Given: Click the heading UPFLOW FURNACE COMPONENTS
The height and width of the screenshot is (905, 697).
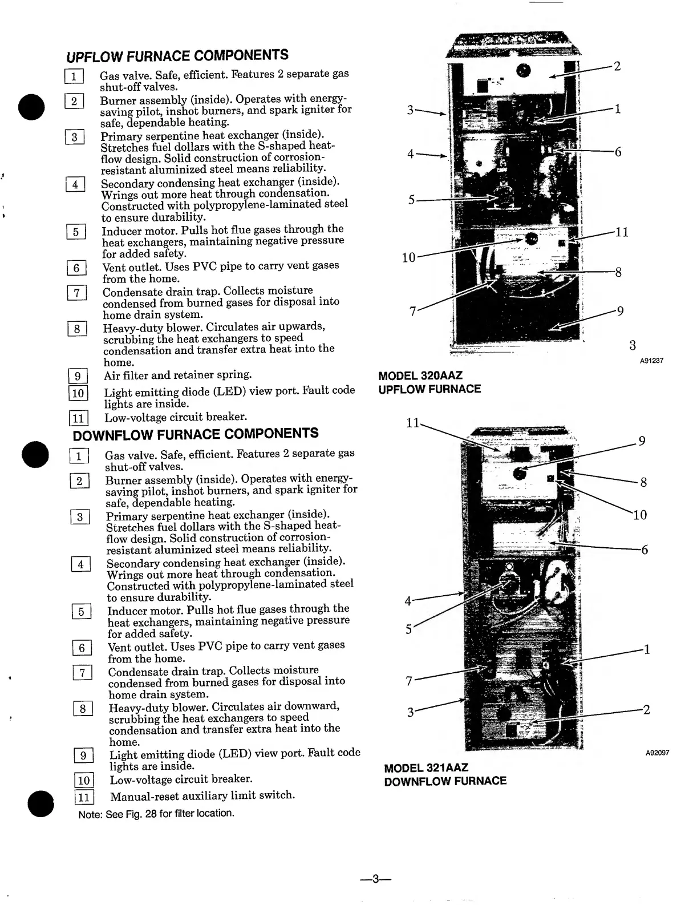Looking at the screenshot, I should pyautogui.click(x=177, y=56).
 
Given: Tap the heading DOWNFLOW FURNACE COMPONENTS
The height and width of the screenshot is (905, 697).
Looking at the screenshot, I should pyautogui.click(x=196, y=434).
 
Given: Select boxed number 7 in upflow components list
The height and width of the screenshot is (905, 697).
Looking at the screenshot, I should pyautogui.click(x=76, y=293).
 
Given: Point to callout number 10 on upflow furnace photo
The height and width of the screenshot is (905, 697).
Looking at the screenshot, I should pyautogui.click(x=408, y=257).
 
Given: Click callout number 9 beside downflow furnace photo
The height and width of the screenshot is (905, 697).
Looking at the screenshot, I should pyautogui.click(x=642, y=441).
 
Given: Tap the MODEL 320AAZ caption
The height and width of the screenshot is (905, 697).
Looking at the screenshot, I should pyautogui.click(x=420, y=376).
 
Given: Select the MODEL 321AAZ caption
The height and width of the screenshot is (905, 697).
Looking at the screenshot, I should pyautogui.click(x=426, y=768).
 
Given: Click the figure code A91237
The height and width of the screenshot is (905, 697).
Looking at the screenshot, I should pyautogui.click(x=651, y=361).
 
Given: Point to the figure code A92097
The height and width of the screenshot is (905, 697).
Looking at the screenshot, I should pyautogui.click(x=657, y=753).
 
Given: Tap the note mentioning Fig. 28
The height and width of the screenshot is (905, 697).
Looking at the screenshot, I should pyautogui.click(x=156, y=814).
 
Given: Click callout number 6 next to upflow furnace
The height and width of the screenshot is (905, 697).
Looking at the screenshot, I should pyautogui.click(x=618, y=152).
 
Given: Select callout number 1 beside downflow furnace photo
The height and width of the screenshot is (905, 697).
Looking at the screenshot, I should pyautogui.click(x=646, y=649).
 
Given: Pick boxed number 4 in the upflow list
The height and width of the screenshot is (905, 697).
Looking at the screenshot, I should pyautogui.click(x=75, y=184).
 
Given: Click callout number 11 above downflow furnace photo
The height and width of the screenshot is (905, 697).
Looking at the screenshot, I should pyautogui.click(x=412, y=423).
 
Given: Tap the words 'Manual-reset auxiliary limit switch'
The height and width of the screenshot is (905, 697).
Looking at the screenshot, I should pyautogui.click(x=202, y=795).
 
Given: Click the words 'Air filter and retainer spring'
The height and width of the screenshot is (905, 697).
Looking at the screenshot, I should pyautogui.click(x=177, y=375).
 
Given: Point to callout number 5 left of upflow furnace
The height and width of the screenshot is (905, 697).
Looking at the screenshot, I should pyautogui.click(x=411, y=200).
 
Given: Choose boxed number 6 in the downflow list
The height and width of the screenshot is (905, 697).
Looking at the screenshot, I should pyautogui.click(x=82, y=648).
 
